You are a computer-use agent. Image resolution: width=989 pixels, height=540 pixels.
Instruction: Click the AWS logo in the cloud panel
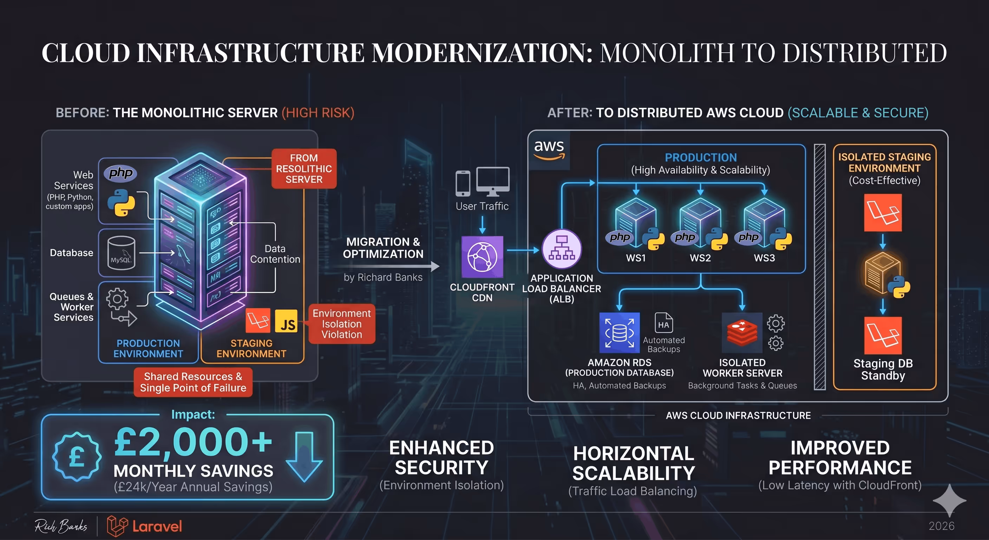click(549, 149)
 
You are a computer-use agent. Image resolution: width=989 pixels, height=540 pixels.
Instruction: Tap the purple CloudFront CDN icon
click(482, 257)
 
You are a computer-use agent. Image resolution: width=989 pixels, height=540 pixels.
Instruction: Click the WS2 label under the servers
click(700, 258)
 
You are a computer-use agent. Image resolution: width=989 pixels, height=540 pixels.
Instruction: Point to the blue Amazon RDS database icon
click(619, 333)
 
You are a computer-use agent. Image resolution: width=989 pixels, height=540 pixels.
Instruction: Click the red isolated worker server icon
click(742, 333)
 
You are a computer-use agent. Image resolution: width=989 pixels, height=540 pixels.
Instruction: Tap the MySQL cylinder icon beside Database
click(121, 253)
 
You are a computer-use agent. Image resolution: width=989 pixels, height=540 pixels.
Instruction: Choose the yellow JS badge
click(287, 321)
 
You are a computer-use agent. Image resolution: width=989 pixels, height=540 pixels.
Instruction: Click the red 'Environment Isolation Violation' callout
click(342, 324)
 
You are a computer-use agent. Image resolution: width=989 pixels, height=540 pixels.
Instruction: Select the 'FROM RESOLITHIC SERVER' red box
click(304, 169)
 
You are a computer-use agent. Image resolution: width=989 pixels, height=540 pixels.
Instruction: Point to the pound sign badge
click(77, 457)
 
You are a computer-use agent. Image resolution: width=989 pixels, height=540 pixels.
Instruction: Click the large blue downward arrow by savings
click(304, 457)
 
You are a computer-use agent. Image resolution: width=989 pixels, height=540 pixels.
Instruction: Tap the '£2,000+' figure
click(193, 443)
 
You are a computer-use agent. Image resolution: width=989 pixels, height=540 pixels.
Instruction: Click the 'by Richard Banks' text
click(383, 277)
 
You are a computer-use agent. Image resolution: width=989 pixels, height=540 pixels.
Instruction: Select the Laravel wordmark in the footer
click(157, 527)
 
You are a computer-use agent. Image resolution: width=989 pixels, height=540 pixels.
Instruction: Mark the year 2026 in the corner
click(941, 526)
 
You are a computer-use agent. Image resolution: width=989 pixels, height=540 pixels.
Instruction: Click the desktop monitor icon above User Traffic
click(493, 181)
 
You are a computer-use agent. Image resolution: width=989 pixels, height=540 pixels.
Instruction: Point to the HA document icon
click(664, 322)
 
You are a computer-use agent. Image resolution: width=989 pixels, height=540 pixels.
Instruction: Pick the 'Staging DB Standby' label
click(883, 369)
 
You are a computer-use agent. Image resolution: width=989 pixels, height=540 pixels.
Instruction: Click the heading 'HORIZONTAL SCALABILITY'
click(634, 463)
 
